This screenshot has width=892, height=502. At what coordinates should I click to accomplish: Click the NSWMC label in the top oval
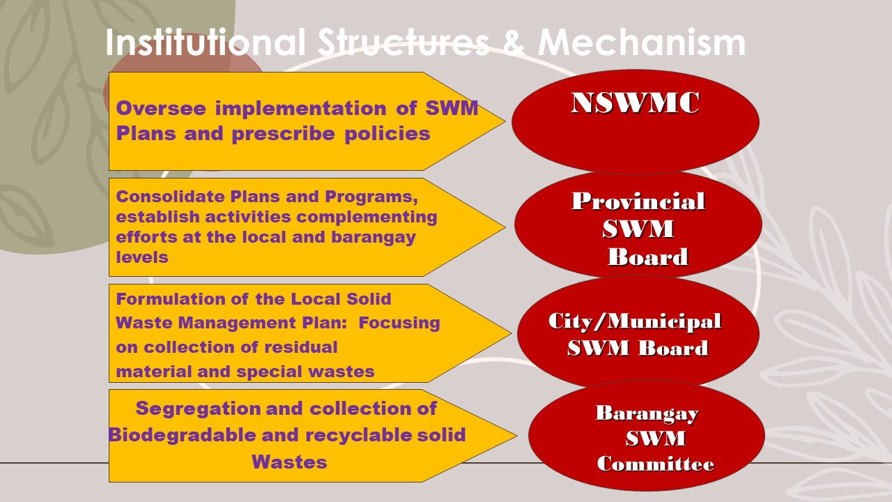(635, 103)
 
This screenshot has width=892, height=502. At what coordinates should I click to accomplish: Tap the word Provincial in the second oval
(638, 201)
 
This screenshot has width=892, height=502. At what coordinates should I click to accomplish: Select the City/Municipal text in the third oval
(635, 321)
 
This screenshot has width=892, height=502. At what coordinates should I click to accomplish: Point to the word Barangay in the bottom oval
(647, 413)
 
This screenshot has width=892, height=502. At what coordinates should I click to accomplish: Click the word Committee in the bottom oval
(656, 464)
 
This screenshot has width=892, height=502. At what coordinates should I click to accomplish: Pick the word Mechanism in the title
(642, 43)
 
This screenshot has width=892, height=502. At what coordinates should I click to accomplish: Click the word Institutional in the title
(206, 43)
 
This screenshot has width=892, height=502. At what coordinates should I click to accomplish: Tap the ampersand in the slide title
(514, 43)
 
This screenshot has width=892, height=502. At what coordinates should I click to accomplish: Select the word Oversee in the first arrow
(161, 108)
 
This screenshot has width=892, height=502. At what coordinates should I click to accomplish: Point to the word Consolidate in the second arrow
(171, 197)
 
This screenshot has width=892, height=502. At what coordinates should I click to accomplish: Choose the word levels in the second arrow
(142, 257)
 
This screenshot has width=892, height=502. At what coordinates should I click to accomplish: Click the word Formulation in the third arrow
(171, 299)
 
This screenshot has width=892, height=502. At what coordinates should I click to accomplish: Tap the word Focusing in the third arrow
(399, 323)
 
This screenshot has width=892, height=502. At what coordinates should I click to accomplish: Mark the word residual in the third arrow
(301, 347)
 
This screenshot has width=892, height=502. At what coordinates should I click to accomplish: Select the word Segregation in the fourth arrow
(197, 409)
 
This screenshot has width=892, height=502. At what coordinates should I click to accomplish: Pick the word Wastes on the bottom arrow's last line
(289, 462)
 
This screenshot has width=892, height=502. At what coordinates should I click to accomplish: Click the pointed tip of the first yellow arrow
(505, 121)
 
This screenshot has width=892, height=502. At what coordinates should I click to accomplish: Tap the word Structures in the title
(403, 43)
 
